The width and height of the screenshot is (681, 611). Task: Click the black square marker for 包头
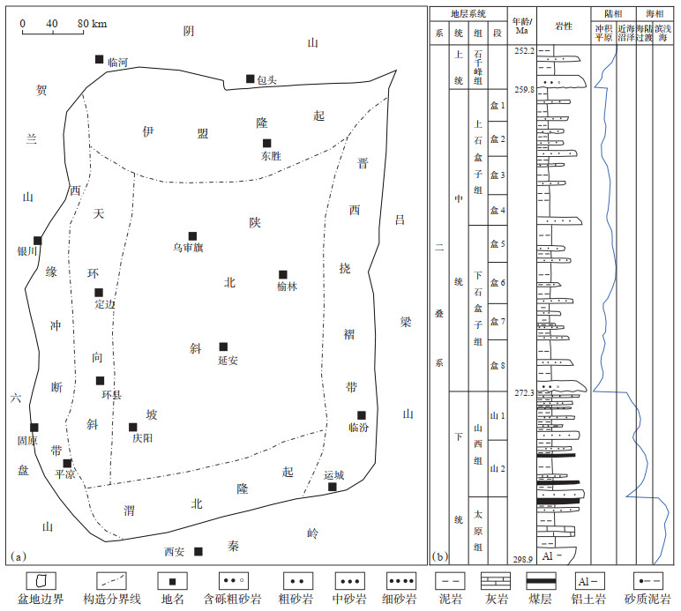tap(251, 78)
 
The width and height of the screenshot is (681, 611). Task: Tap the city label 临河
tap(118, 63)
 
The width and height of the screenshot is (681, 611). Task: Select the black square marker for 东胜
tap(266, 143)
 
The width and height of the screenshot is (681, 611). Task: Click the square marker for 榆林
tap(283, 274)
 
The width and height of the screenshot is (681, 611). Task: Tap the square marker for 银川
tap(37, 240)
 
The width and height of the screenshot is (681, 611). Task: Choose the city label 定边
tap(105, 304)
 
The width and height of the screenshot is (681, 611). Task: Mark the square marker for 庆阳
tap(133, 427)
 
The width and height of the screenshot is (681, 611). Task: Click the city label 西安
tap(175, 552)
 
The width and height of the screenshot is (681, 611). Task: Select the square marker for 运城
tap(333, 487)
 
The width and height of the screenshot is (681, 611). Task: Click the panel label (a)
tap(19, 556)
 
